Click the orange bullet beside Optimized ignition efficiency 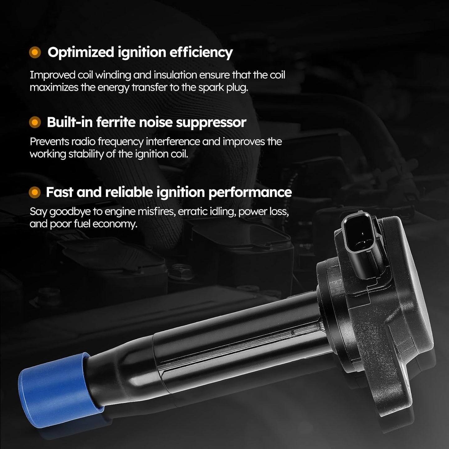35,53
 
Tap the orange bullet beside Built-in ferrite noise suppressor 35,122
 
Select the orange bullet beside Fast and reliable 35,192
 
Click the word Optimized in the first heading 80,53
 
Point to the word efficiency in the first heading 201,53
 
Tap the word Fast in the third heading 60,192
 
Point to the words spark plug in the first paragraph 223,88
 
